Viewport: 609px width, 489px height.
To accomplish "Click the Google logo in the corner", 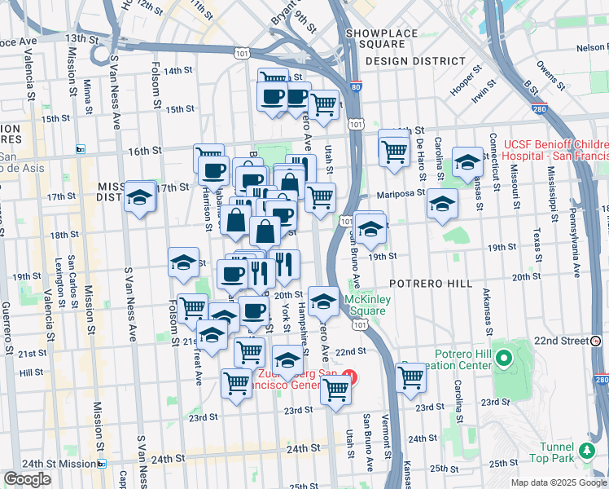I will (x=27, y=479).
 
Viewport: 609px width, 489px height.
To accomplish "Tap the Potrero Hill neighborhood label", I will (x=431, y=283).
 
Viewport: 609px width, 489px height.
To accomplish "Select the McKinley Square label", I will (x=365, y=304).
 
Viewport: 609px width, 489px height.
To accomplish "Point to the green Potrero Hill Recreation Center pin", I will (x=503, y=358).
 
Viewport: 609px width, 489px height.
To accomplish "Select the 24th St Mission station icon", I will (x=101, y=464).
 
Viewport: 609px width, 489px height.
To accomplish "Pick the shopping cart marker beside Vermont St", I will (x=411, y=377).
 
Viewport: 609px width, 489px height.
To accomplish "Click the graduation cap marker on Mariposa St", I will (x=442, y=204).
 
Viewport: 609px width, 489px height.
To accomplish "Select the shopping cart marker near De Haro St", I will (x=394, y=149).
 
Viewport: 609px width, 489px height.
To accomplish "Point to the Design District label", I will (x=416, y=61).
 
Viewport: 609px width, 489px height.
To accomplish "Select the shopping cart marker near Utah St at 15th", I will (x=324, y=104).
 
